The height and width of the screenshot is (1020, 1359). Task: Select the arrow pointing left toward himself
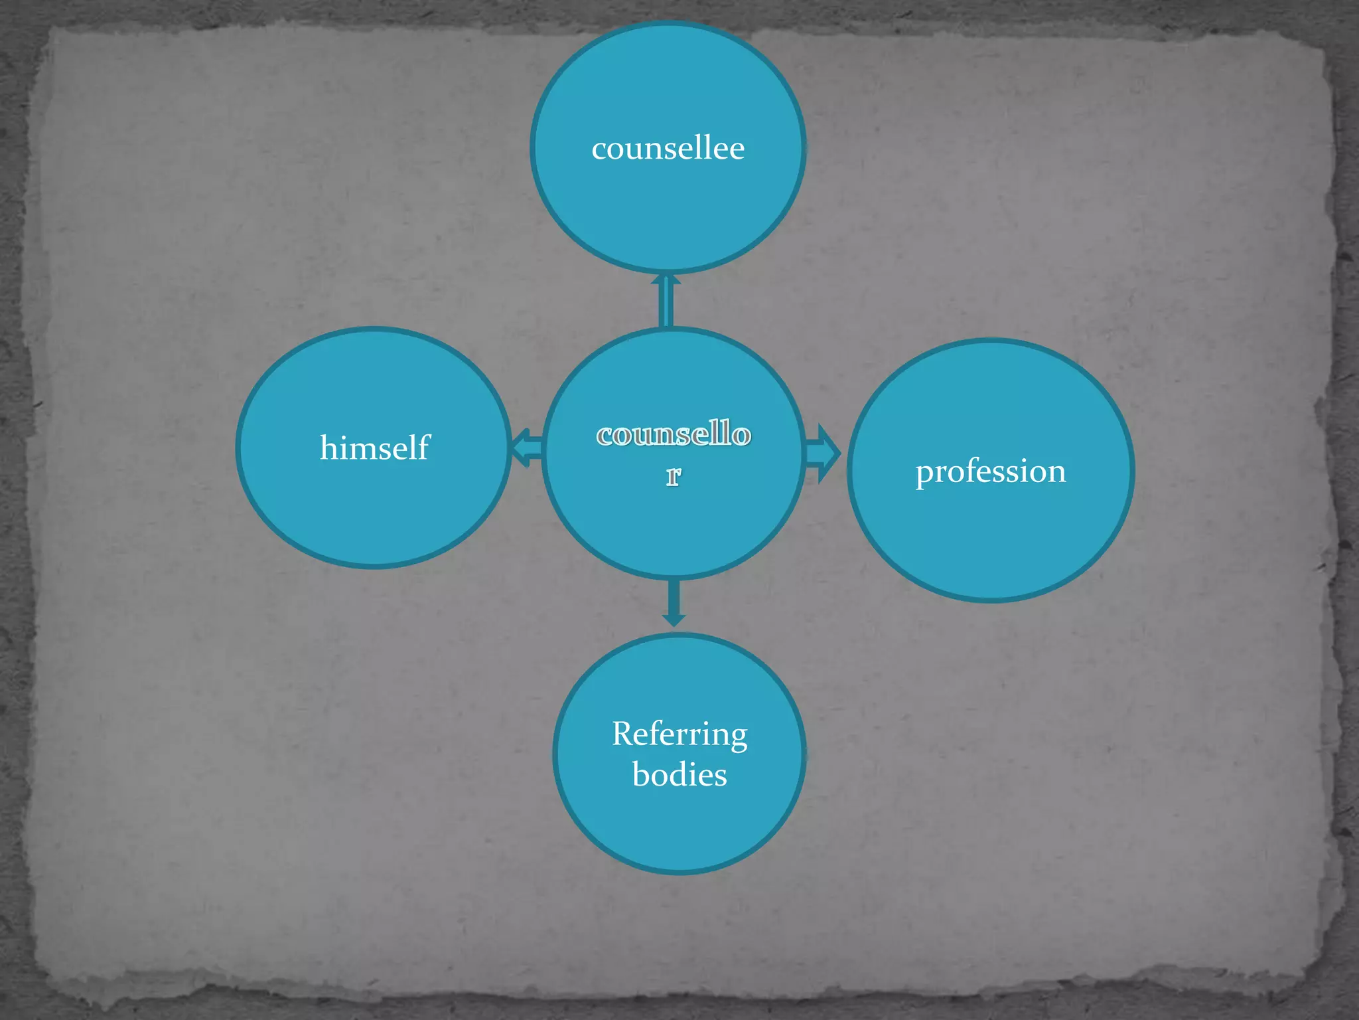point(526,448)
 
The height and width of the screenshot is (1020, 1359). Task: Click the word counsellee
point(668,147)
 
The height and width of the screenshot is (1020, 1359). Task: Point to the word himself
point(374,447)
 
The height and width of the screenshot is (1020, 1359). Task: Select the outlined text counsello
point(674,434)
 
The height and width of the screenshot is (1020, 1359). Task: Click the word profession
point(991,471)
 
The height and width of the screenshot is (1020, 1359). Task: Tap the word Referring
point(679,734)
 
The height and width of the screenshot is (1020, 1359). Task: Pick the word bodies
point(679,775)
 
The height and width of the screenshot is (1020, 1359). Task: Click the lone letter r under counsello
point(674,475)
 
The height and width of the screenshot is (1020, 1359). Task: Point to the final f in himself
point(423,446)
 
